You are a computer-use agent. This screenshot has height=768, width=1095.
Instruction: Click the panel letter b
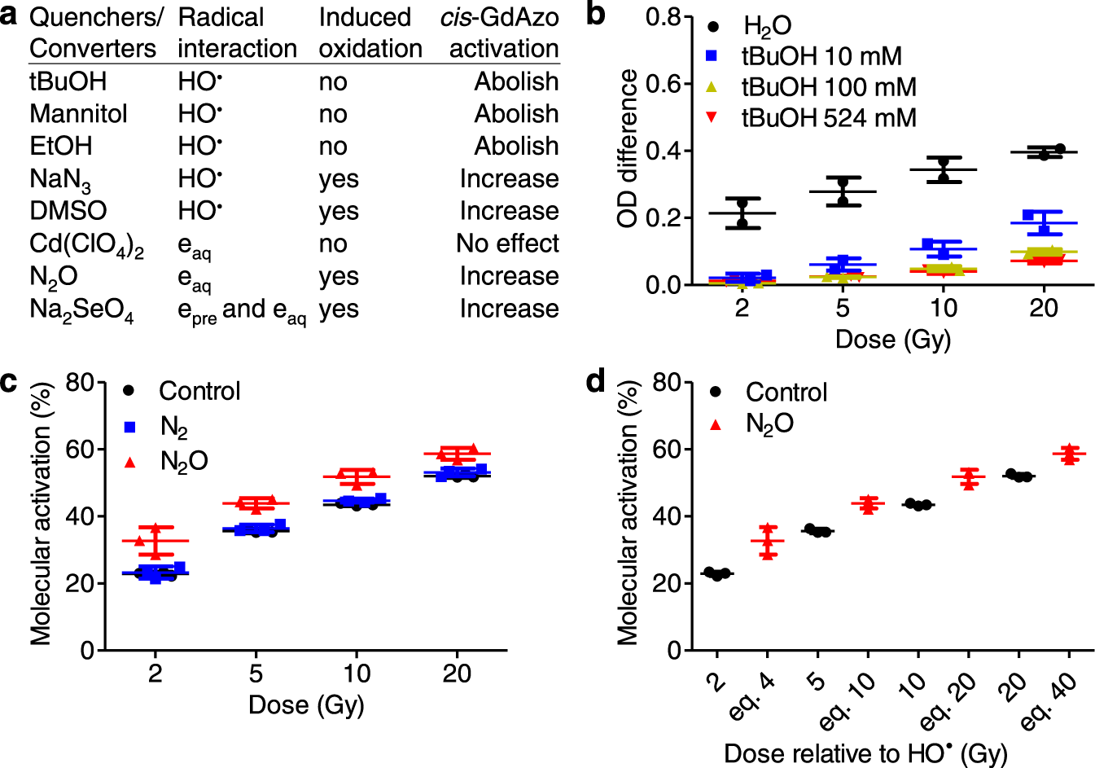596,15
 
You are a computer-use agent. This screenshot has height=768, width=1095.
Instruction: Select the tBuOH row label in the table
68,81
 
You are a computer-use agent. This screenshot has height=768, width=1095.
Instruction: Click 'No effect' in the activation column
507,244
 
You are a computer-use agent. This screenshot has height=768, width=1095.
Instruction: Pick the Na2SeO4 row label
81,310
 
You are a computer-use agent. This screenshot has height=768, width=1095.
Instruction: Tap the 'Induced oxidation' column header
370,33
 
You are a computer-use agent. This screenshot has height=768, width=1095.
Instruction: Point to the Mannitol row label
78,114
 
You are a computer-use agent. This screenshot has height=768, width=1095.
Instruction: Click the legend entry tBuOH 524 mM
828,118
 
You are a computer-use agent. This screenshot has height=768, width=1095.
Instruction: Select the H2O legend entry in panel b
766,26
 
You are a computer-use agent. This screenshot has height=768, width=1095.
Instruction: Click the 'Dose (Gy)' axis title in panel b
893,339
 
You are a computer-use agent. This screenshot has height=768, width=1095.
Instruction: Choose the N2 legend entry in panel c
173,426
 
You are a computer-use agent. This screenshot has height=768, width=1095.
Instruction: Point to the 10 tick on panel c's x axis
357,674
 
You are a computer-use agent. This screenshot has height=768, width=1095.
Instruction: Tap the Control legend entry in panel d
786,392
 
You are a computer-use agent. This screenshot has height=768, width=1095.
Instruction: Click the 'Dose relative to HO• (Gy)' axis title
865,753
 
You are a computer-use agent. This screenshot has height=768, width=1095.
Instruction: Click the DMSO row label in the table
68,211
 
